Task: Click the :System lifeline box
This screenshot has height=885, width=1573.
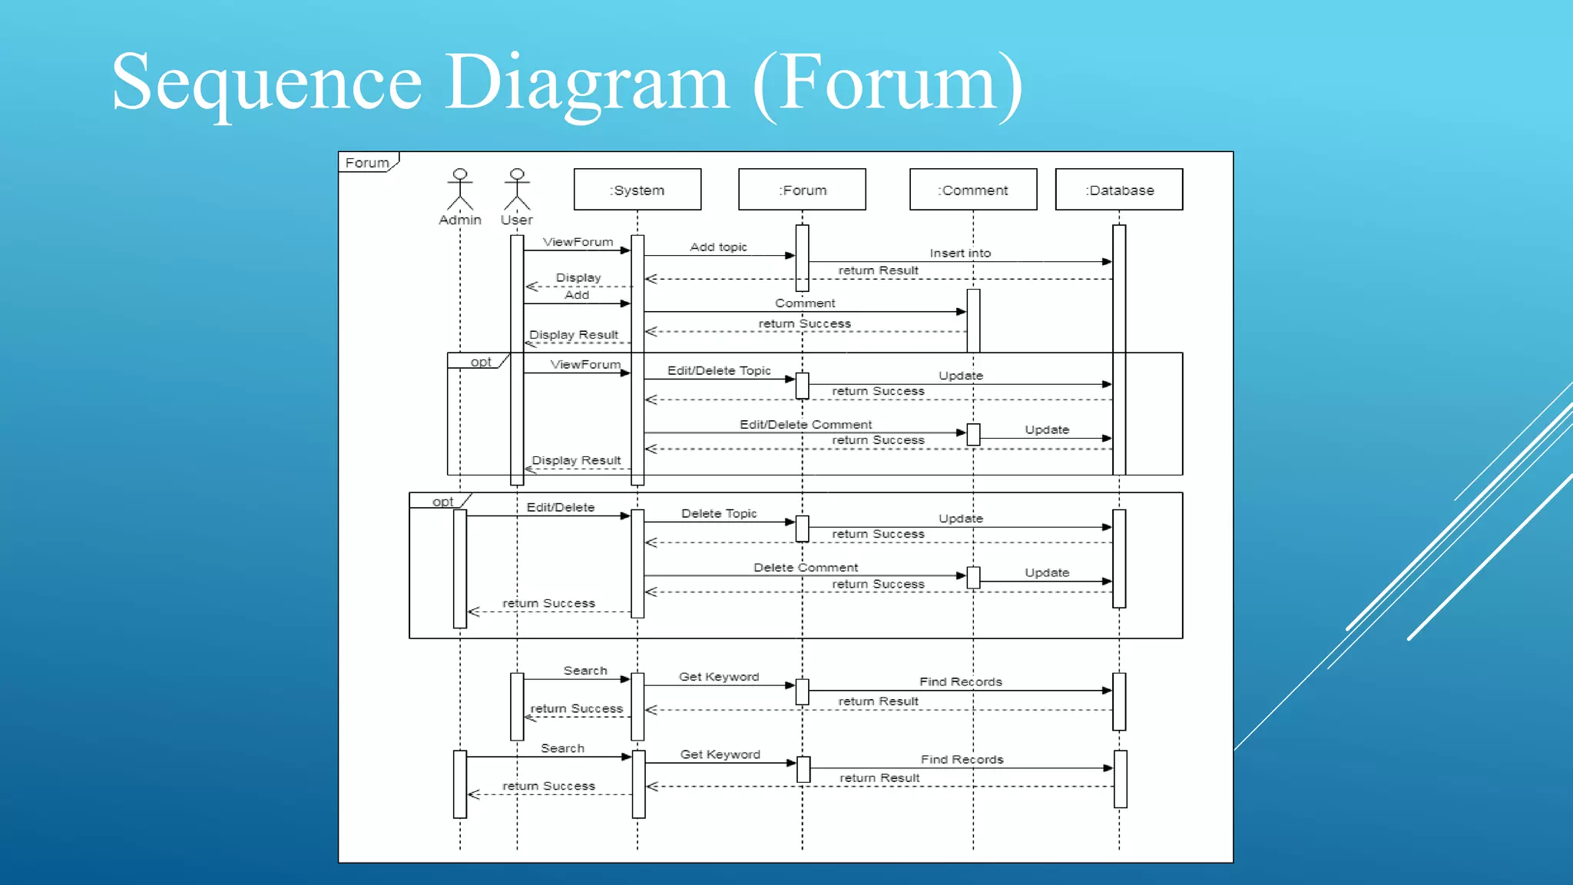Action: coord(637,190)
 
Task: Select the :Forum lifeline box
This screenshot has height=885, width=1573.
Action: coord(802,190)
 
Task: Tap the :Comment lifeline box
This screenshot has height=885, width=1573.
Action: coord(972,190)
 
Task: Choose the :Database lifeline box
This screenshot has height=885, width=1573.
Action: coord(1118,190)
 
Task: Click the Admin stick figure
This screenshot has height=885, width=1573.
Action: coord(460,190)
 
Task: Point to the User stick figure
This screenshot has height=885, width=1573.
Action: coord(517,190)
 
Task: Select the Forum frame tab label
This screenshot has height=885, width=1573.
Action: coord(367,163)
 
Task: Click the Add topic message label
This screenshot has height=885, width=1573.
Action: coord(718,247)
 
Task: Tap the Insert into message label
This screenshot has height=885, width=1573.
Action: coord(960,253)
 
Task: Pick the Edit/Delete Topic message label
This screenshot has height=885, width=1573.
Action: coord(719,370)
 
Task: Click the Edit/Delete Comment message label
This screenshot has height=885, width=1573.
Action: coord(806,424)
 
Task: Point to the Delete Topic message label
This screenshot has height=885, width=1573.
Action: coord(719,513)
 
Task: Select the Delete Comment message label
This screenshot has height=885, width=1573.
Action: coord(806,567)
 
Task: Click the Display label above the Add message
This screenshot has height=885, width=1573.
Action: coord(578,277)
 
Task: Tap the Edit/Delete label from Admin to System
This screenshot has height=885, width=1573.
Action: coord(561,507)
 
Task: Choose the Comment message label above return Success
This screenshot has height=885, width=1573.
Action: coord(805,303)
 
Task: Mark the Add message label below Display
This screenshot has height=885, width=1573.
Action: coord(577,295)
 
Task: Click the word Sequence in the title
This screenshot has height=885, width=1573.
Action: coord(267,83)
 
